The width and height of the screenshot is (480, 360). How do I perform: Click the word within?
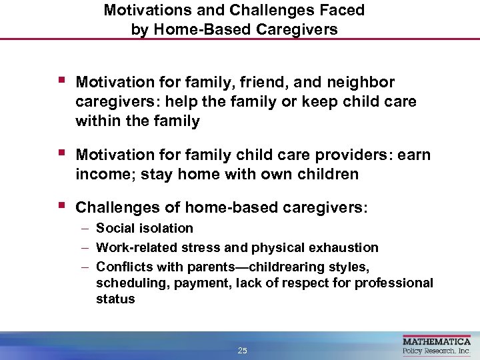99,121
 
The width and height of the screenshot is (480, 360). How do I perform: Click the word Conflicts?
122,266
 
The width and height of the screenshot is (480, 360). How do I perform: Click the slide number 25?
242,350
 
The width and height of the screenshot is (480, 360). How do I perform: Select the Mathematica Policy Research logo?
437,346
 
